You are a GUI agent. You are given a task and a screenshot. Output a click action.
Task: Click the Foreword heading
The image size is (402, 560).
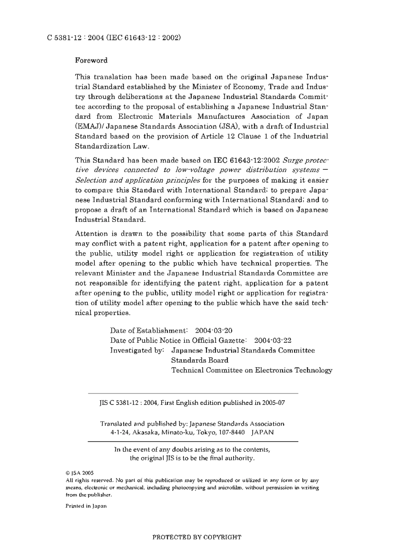click(91, 60)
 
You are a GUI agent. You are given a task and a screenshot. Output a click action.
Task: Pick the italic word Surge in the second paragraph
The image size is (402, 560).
click(292, 160)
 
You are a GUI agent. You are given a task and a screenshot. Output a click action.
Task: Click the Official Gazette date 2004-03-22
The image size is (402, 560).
click(273, 340)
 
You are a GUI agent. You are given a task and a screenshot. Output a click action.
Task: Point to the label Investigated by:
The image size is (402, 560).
click(137, 350)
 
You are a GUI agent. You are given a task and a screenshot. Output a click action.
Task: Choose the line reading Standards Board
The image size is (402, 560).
click(199, 360)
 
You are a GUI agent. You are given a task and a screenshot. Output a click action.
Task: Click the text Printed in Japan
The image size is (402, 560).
click(86, 506)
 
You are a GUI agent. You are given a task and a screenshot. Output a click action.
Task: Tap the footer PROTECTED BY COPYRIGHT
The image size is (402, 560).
click(197, 537)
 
